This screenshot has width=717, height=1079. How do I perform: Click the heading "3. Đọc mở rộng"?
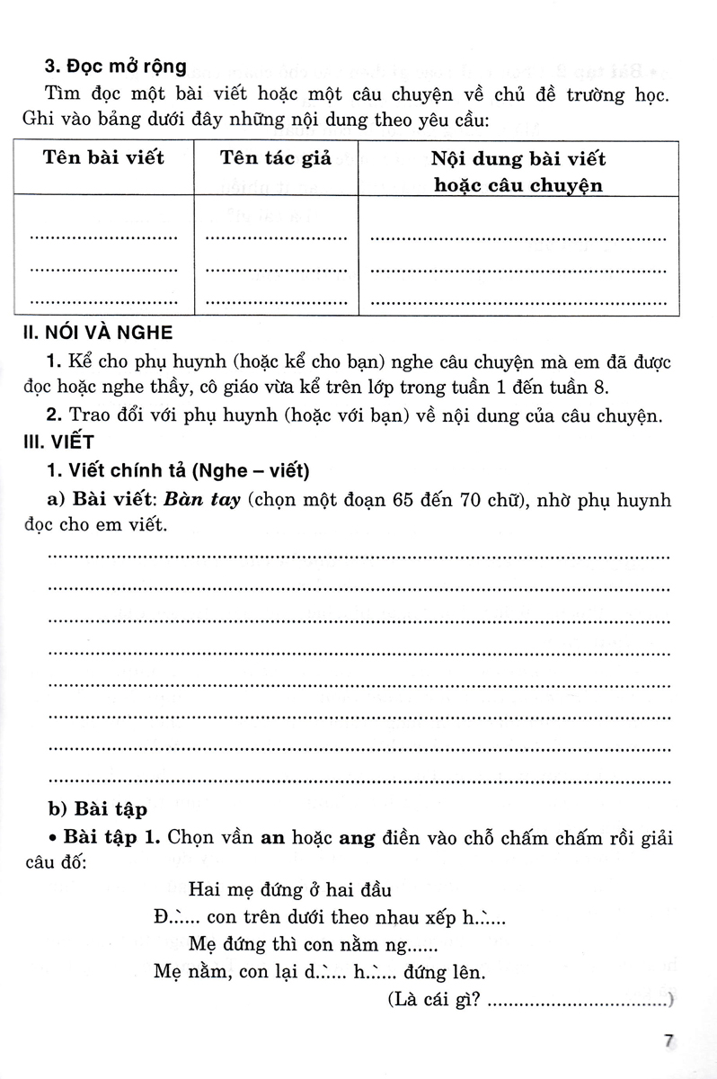117,66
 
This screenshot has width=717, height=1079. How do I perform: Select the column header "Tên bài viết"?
103,158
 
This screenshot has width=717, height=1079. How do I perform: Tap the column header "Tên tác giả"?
276,158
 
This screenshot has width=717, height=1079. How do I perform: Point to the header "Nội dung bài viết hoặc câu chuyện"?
518,172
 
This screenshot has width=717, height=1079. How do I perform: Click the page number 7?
668,1041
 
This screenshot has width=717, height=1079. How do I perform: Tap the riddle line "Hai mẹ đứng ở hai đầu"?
292,890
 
